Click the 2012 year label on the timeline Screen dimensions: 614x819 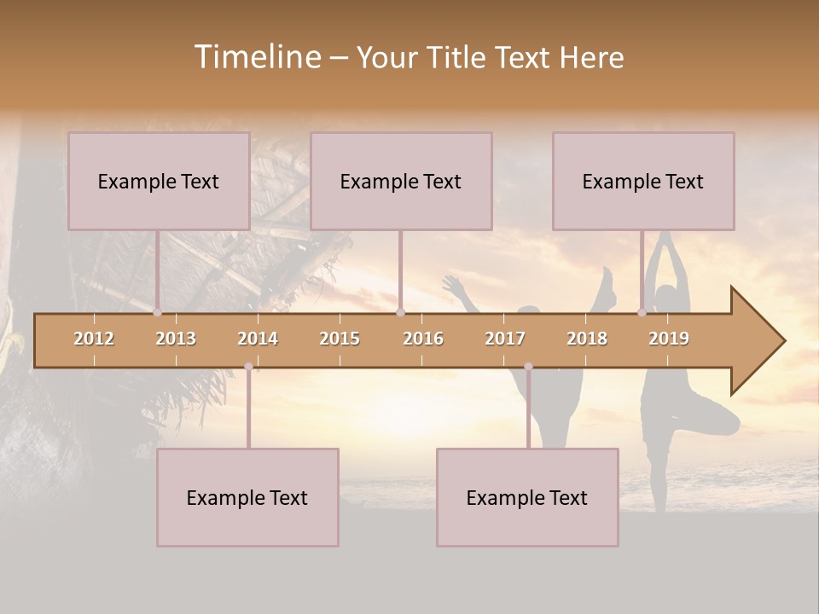pyautogui.click(x=94, y=339)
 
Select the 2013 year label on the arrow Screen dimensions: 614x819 pyautogui.click(x=176, y=339)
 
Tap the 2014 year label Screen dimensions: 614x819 pyautogui.click(x=258, y=339)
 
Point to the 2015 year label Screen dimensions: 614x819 pyautogui.click(x=340, y=339)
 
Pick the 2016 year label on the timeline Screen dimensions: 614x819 pyautogui.click(x=423, y=339)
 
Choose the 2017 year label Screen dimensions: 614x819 pyautogui.click(x=505, y=339)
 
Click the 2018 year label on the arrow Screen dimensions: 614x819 pyautogui.click(x=587, y=339)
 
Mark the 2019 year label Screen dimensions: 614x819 pyautogui.click(x=669, y=339)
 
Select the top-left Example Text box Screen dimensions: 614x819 pyautogui.click(x=159, y=181)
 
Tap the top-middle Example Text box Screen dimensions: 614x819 pyautogui.click(x=401, y=181)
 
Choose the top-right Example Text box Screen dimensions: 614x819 pyautogui.click(x=643, y=181)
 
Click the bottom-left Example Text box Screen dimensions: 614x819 pyautogui.click(x=247, y=497)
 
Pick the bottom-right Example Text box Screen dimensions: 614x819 pyautogui.click(x=527, y=497)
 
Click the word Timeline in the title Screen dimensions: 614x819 pyautogui.click(x=258, y=57)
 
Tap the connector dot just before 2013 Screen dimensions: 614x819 pyautogui.click(x=158, y=313)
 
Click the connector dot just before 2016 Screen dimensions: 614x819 pyautogui.click(x=400, y=313)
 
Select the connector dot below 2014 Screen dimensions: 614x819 pyautogui.click(x=248, y=367)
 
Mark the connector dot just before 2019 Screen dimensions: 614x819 pyautogui.click(x=642, y=313)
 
